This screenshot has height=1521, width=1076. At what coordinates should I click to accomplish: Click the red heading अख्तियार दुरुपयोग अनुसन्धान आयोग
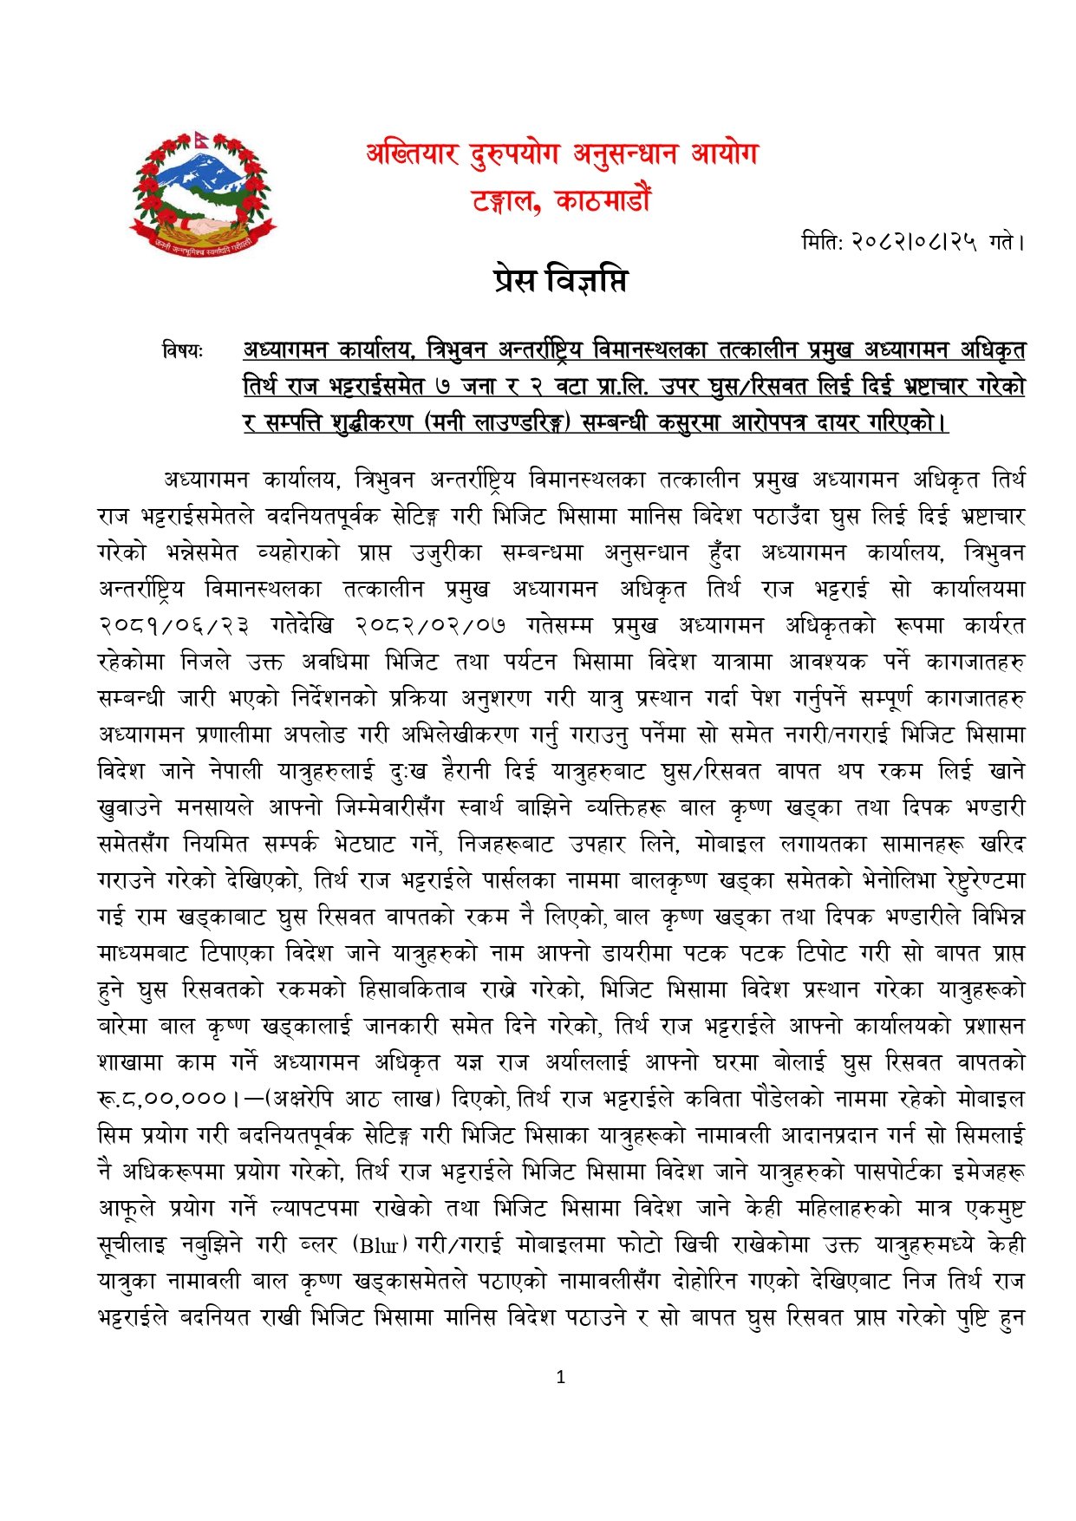click(562, 155)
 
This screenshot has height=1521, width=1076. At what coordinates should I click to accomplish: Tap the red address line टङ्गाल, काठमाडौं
click(561, 201)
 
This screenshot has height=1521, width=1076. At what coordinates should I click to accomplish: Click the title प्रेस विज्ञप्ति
click(561, 280)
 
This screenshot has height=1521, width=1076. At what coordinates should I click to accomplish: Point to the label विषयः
click(182, 351)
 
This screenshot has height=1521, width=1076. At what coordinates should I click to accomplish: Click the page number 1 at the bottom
click(561, 1377)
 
